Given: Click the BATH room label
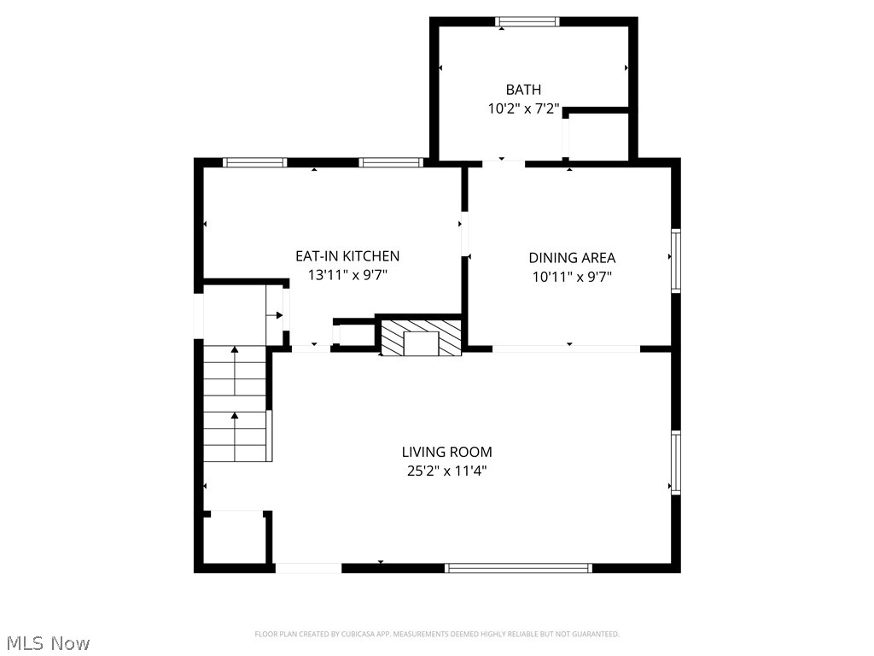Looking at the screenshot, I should coord(523,90).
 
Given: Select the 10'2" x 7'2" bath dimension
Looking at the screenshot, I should coord(523,109).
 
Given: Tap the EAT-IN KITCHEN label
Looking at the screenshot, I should coord(347,256).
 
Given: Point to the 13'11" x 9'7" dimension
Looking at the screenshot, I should coord(347,276).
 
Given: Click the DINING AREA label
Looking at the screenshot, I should coord(572,258).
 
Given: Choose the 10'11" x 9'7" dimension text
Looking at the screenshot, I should coord(572,277).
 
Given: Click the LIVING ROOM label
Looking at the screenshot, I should coord(447,452).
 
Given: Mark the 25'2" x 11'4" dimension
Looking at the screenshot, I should coord(447,471).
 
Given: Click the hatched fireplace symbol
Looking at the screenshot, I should coord(420,338).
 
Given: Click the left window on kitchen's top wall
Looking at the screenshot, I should coord(254,162).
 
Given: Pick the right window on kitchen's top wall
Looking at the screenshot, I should coord(391,162).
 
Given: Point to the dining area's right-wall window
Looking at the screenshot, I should coord(675,261).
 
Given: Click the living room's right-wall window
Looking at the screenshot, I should coord(675,462).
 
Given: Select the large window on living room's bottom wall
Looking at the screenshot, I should coord(519,567).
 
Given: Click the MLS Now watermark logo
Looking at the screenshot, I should coord(46,642).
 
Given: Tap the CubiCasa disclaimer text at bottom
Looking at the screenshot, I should coord(437,634).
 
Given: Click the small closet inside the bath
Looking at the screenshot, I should coord(597,136).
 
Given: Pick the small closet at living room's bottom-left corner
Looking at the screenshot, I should coord(236,537).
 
